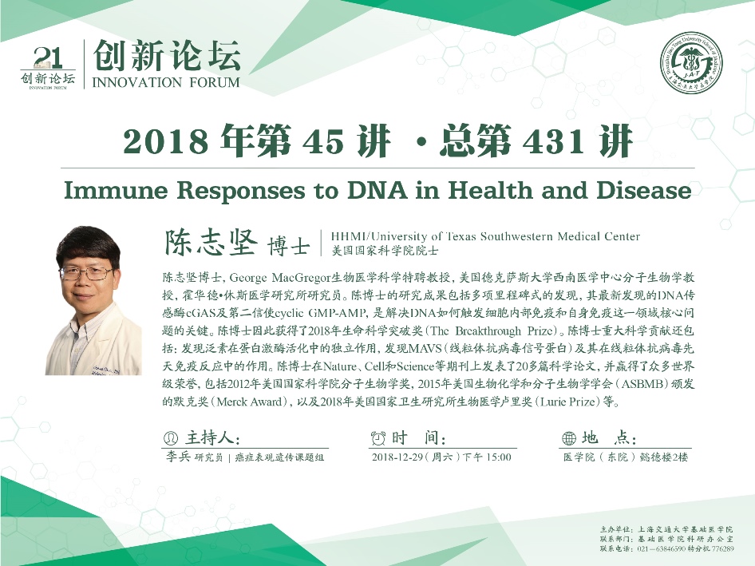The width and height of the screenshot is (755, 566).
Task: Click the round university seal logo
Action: click(x=691, y=62)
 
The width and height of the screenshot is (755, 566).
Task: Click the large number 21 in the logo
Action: click(x=48, y=58)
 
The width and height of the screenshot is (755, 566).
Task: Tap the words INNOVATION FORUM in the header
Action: click(x=166, y=82)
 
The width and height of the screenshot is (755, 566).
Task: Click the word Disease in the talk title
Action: click(x=644, y=190)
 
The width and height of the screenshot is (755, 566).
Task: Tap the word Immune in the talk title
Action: click(x=116, y=191)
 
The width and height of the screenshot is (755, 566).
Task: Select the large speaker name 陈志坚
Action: click(x=211, y=242)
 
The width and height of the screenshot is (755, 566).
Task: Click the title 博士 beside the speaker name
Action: click(x=288, y=246)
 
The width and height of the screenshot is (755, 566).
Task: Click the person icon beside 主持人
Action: click(x=171, y=437)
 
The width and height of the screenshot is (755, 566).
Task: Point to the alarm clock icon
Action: click(x=378, y=437)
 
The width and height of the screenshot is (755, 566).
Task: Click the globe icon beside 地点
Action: click(x=569, y=437)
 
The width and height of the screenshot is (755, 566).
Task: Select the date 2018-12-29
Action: click(x=397, y=457)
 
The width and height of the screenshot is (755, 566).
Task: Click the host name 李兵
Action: click(x=178, y=457)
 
